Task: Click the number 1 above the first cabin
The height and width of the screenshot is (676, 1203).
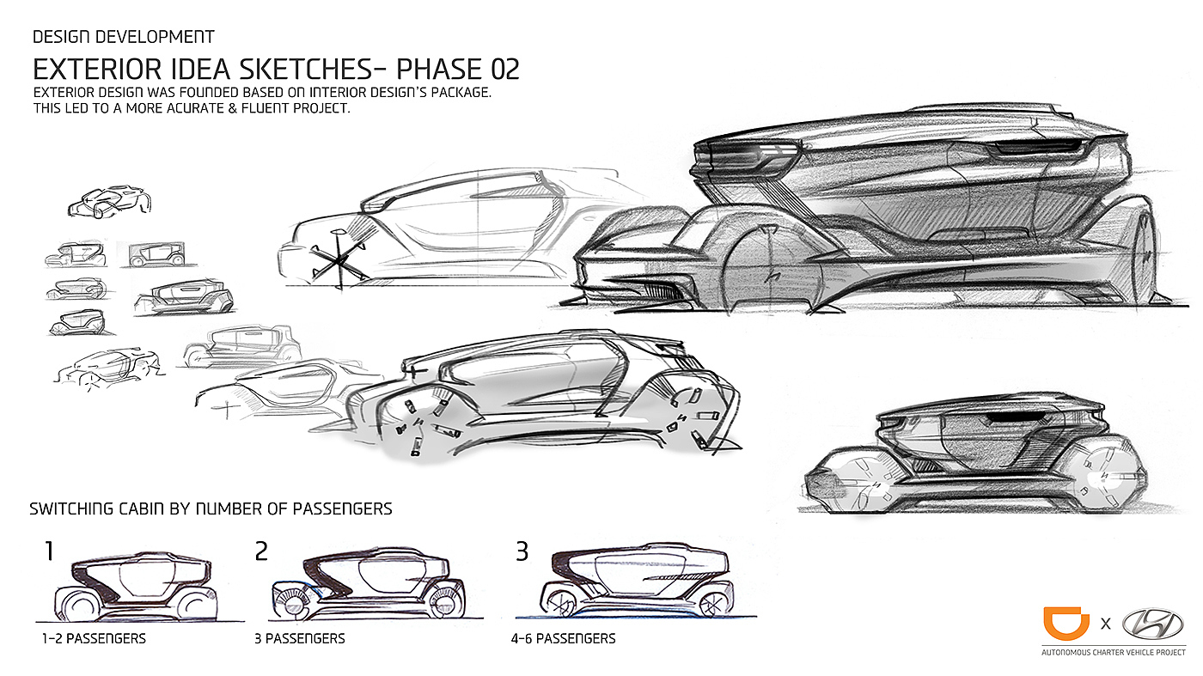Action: click(49, 551)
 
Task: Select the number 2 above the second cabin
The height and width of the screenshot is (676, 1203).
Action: click(261, 551)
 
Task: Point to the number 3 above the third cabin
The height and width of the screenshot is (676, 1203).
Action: click(522, 551)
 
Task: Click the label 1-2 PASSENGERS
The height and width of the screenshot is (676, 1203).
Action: click(94, 639)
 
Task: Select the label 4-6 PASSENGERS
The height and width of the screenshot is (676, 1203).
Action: click(563, 639)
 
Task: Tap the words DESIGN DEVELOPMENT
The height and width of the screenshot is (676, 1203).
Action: click(123, 37)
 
